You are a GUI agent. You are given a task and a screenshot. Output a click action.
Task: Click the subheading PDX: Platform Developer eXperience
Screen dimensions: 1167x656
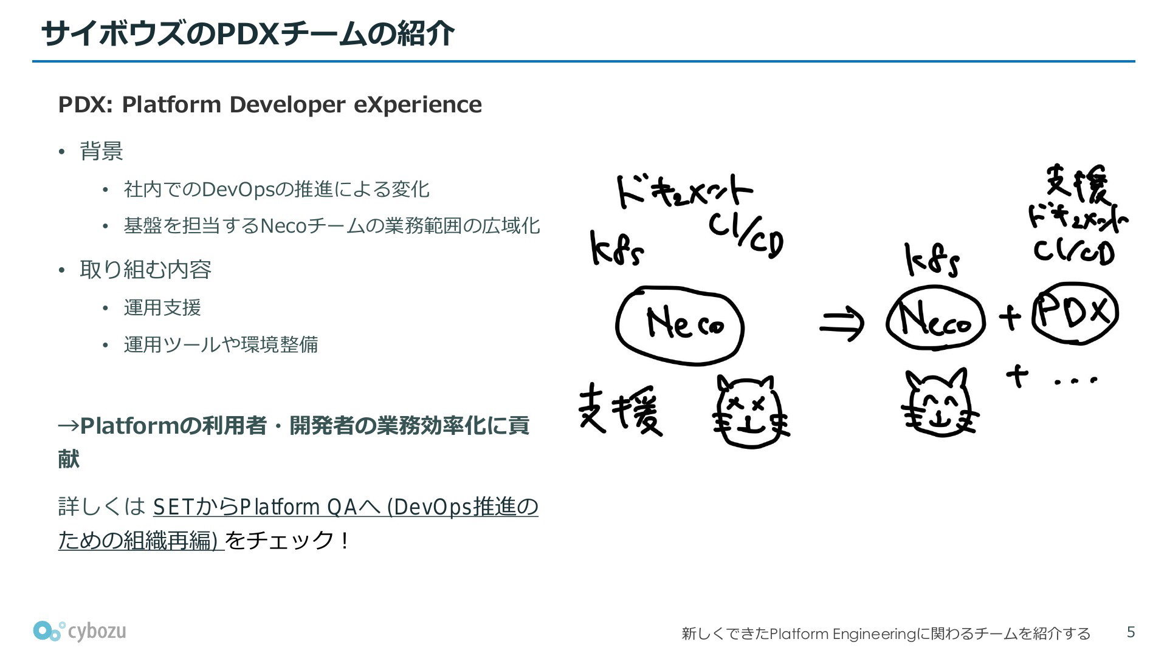270,104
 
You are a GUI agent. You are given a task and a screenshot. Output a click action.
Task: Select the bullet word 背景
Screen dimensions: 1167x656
102,151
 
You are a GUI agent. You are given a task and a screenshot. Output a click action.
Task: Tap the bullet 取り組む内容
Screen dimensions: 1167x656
145,269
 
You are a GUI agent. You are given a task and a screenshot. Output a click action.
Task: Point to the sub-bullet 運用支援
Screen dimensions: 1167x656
162,307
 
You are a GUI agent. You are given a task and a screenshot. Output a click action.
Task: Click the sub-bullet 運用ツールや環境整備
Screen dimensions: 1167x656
221,344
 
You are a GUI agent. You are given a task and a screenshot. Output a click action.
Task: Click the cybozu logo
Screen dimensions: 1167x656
80,631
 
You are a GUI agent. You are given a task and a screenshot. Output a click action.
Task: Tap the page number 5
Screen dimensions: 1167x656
1131,632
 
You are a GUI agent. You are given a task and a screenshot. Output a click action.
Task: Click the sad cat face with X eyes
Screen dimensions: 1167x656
750,412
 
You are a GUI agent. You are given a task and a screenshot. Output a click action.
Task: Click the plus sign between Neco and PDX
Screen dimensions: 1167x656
1010,317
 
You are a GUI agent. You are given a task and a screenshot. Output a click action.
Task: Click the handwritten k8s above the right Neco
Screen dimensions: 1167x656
932,261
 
